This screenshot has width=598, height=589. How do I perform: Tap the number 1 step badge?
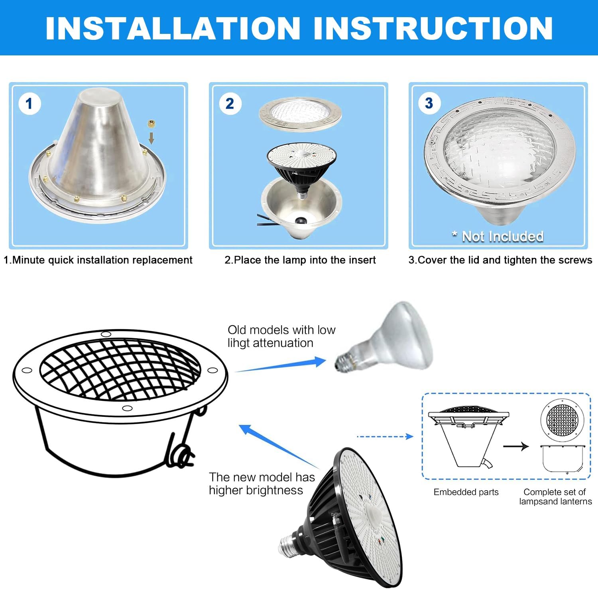pos(29,104)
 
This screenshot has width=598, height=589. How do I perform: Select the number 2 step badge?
pos(230,104)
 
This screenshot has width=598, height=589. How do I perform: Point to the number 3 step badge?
pos(429,103)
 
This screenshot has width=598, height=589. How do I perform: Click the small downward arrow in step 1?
pos(151,138)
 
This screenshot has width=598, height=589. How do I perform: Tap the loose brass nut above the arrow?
pos(151,124)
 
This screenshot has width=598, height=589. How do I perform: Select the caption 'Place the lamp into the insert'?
pos(300,260)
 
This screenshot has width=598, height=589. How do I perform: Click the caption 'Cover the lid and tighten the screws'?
pos(500,260)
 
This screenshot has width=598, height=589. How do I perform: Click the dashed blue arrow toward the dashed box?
pos(385,437)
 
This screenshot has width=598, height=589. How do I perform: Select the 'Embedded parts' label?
pos(466,492)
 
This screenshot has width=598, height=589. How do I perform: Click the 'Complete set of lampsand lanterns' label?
pos(555,497)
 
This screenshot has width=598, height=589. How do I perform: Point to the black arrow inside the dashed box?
pos(515,446)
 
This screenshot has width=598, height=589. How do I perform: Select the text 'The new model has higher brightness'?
pos(262,483)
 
